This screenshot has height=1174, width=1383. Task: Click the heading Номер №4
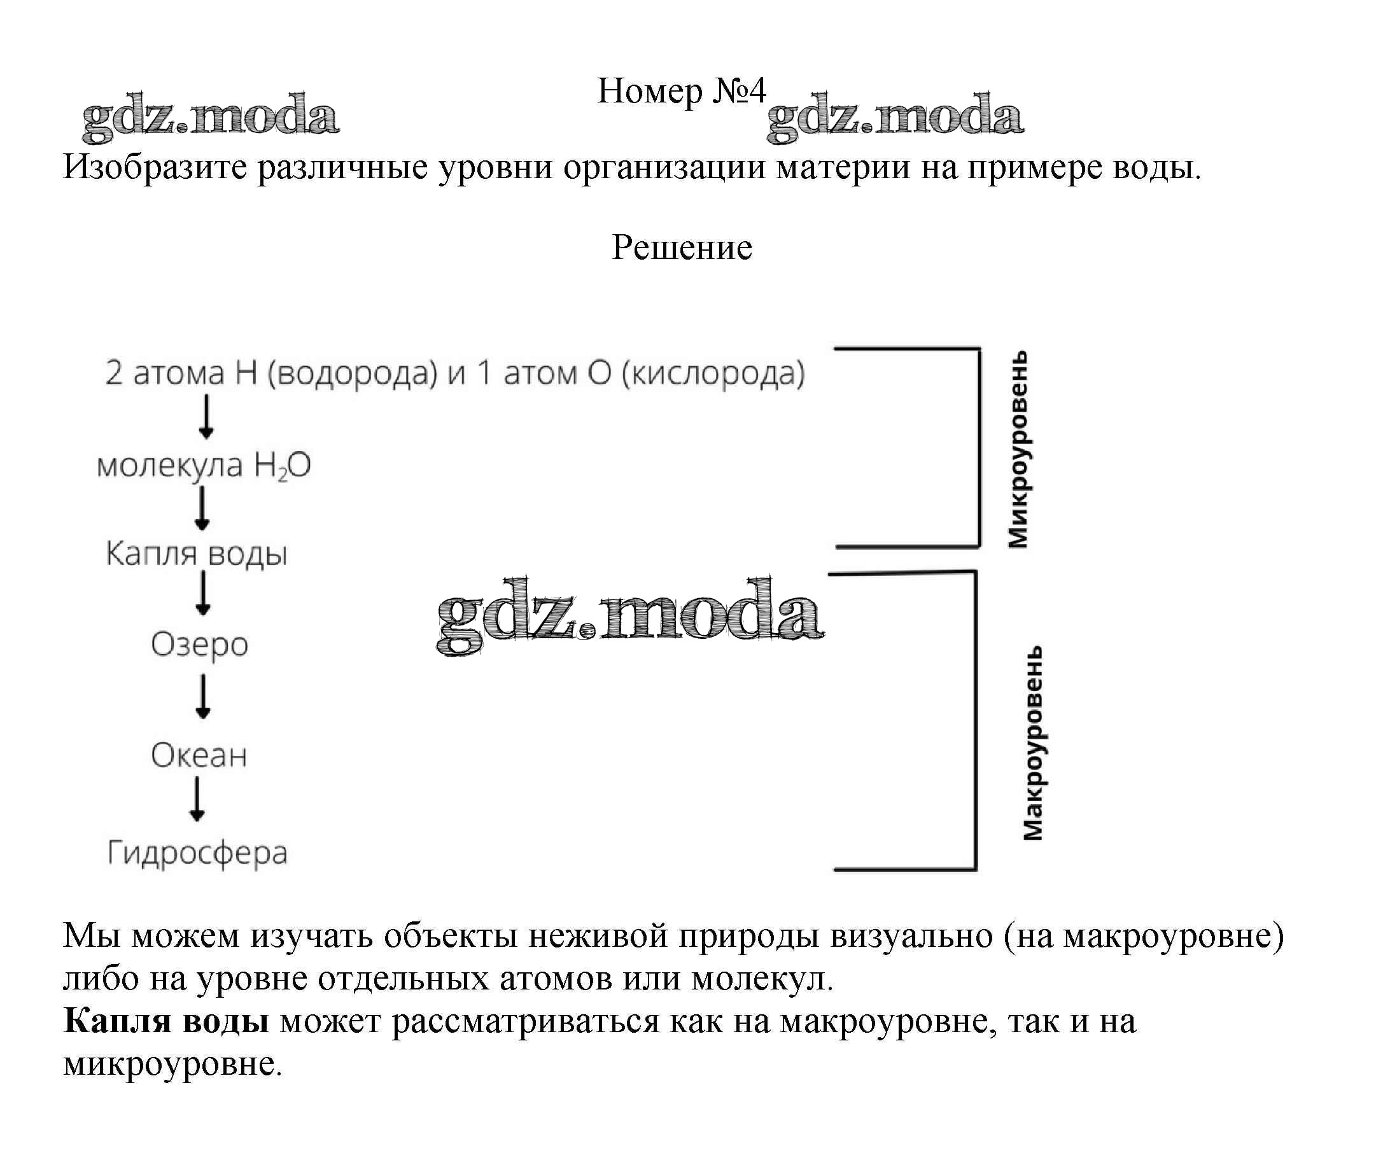[x=680, y=91]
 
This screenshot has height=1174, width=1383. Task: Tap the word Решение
[x=681, y=248]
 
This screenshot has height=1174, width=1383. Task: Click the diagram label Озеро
[x=199, y=644]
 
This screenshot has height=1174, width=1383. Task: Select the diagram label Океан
[x=199, y=755]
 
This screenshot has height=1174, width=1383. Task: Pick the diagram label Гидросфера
[x=197, y=853]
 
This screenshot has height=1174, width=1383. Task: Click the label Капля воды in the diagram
[x=196, y=554]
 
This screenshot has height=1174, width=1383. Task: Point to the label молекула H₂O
[x=204, y=465]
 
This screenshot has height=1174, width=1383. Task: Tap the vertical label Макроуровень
[x=1032, y=743]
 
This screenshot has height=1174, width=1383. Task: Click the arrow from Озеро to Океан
[x=203, y=697]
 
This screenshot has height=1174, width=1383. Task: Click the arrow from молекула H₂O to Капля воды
[x=202, y=508]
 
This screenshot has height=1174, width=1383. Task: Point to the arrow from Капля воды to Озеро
[x=203, y=594]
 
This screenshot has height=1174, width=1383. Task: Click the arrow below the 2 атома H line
[x=206, y=417]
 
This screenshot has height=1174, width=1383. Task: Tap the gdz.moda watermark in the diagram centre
[x=629, y=615]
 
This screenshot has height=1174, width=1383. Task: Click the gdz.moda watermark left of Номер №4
[x=209, y=117]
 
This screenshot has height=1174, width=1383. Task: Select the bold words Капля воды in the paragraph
[x=165, y=1020]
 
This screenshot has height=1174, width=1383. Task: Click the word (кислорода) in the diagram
[x=713, y=374]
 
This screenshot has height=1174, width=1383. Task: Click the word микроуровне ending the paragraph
[x=172, y=1063]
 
